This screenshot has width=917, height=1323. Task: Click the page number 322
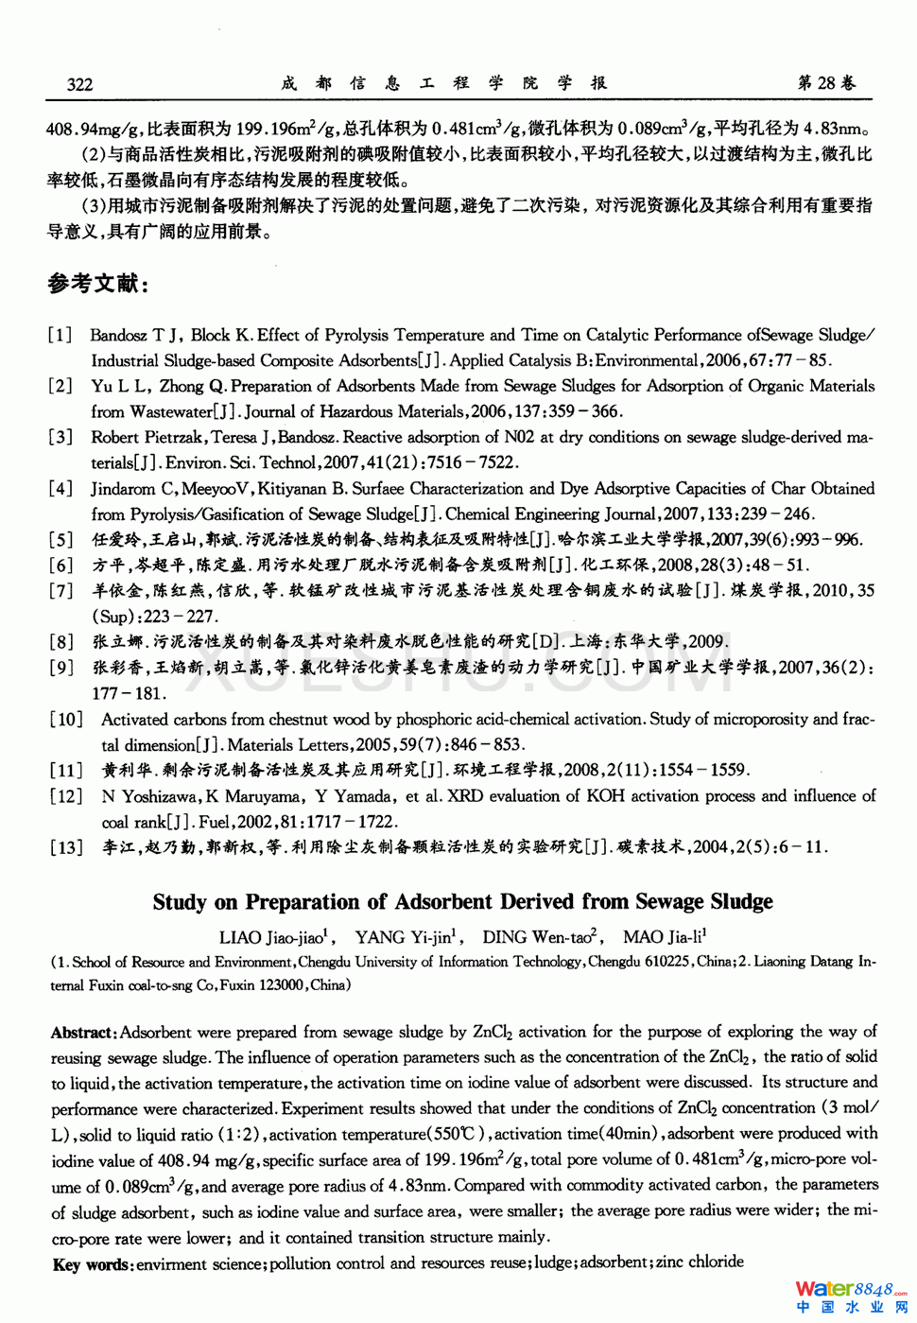(79, 84)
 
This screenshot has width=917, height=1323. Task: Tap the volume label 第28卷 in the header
(826, 83)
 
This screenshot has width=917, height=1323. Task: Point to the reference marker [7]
(61, 591)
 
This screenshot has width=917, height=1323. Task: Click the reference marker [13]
(66, 847)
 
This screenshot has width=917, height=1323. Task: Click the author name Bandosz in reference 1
(119, 335)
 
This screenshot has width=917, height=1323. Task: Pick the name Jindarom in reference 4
(122, 489)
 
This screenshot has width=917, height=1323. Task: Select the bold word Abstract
(83, 1033)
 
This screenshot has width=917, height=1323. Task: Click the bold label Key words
(91, 1264)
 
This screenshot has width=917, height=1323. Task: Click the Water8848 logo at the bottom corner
(850, 1296)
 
